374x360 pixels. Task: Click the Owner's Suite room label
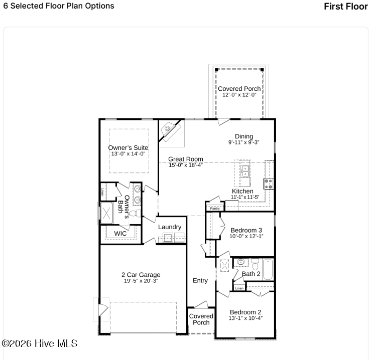129,148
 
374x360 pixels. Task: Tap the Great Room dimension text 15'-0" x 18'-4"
186,165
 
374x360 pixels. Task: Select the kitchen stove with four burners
269,184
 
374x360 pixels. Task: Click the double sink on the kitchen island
245,171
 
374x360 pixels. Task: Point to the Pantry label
215,209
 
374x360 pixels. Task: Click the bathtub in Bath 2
268,269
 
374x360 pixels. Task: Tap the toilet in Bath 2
255,264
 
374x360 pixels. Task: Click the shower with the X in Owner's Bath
106,213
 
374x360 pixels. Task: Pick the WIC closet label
120,234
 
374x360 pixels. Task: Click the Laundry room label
170,227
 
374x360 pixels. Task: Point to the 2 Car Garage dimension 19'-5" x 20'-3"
141,281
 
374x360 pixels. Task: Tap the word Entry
200,281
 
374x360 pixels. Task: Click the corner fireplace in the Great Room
171,131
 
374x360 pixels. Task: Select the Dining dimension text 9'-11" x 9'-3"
244,142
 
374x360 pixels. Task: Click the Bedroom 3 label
246,231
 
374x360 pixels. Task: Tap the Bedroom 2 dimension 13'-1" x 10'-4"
245,318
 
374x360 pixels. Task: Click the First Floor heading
346,7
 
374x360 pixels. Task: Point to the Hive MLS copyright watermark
40,343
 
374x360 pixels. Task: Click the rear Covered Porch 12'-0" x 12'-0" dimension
239,95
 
